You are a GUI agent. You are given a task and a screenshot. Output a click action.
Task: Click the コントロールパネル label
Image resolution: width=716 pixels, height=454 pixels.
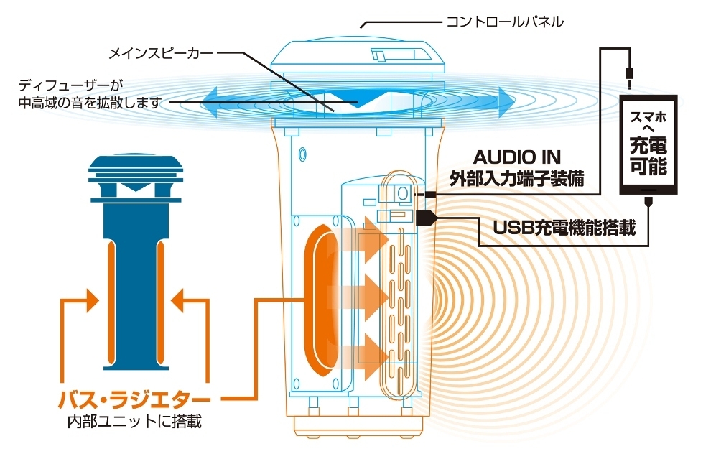(x=505, y=22)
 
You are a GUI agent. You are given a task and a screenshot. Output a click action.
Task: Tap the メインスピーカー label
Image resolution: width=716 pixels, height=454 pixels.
(x=161, y=53)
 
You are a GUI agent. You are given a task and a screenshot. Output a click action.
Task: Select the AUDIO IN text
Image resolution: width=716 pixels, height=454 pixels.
(x=517, y=157)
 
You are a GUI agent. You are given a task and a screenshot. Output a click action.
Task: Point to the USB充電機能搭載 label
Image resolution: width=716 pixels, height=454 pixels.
(x=564, y=227)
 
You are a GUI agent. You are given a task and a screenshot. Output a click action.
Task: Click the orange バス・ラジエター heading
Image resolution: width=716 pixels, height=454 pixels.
(x=134, y=399)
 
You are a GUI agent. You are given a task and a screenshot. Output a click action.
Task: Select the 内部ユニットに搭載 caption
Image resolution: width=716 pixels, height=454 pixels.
(x=134, y=421)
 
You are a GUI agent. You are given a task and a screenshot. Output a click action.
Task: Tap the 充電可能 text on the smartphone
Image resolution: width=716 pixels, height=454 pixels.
(x=648, y=155)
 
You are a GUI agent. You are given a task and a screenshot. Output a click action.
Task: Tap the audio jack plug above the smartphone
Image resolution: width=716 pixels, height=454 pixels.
(x=630, y=76)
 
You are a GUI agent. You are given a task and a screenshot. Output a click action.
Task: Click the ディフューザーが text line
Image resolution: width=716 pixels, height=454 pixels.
(x=71, y=85)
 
